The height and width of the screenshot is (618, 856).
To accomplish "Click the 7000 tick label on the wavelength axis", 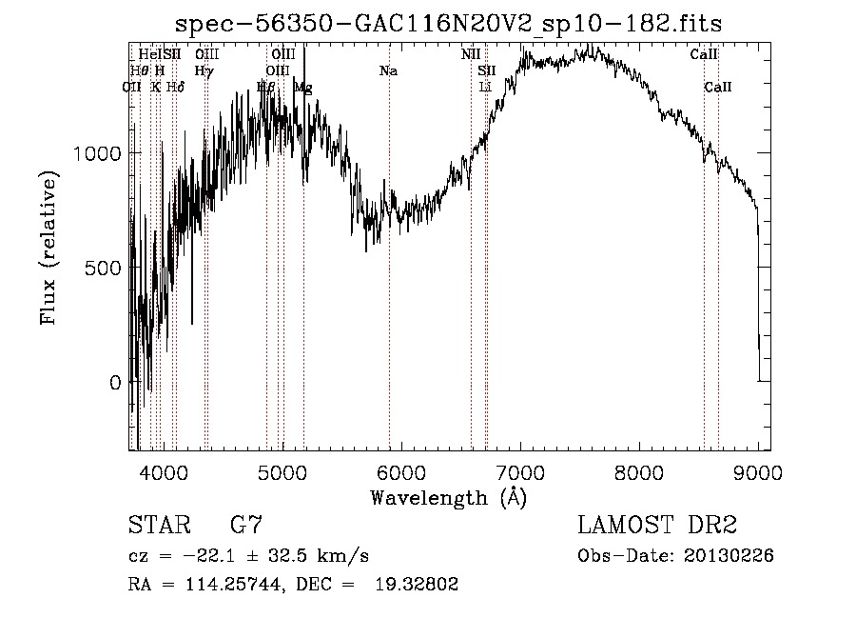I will pyautogui.click(x=519, y=472).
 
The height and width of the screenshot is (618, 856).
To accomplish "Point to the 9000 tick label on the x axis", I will pyautogui.click(x=757, y=472).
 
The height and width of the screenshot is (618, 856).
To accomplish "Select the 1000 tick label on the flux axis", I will pyautogui.click(x=96, y=153).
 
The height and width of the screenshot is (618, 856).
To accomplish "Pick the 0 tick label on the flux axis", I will pyautogui.click(x=114, y=383).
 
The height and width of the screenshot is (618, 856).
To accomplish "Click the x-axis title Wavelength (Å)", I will pyautogui.click(x=448, y=497).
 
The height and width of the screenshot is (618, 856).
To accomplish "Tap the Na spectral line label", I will pyautogui.click(x=388, y=71).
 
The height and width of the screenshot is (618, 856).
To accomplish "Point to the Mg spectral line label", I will pyautogui.click(x=302, y=88).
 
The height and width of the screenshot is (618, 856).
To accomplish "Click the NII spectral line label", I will pyautogui.click(x=471, y=55).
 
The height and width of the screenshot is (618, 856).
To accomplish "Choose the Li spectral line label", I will pyautogui.click(x=485, y=88).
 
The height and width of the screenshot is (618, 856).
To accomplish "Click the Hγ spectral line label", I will pyautogui.click(x=203, y=71).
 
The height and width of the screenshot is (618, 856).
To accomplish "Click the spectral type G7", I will pyautogui.click(x=246, y=526).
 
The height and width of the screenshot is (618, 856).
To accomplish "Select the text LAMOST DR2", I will pyautogui.click(x=657, y=526).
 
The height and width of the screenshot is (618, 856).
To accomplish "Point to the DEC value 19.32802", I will pyautogui.click(x=418, y=585).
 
